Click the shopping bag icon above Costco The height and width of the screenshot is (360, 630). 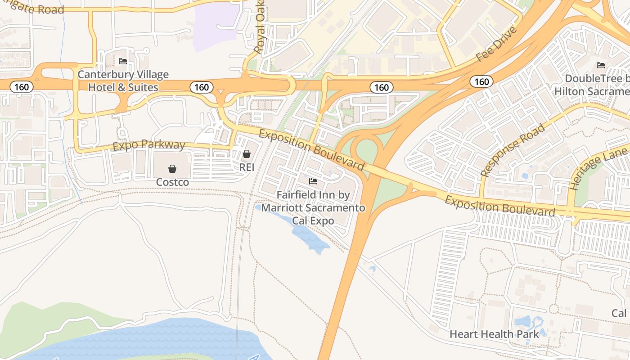172,169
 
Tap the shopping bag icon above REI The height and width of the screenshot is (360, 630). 247,154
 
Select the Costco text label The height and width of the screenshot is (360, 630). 172,182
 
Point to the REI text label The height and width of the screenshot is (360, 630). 247,167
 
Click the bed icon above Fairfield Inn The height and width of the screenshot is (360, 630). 313,181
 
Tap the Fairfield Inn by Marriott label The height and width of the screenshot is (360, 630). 313,208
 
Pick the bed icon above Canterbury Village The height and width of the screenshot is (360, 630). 122,61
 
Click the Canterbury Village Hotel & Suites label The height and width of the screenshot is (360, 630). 123,81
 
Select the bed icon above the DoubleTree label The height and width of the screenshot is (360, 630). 600,65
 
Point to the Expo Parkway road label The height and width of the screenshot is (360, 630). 149,145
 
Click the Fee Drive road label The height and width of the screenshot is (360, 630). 497,44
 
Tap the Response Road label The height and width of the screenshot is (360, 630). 513,149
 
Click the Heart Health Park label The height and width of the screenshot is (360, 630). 494,334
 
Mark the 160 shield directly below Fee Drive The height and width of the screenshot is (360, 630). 481,81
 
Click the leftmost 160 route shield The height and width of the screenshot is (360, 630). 21,87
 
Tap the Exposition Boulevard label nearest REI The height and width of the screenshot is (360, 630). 311,149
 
